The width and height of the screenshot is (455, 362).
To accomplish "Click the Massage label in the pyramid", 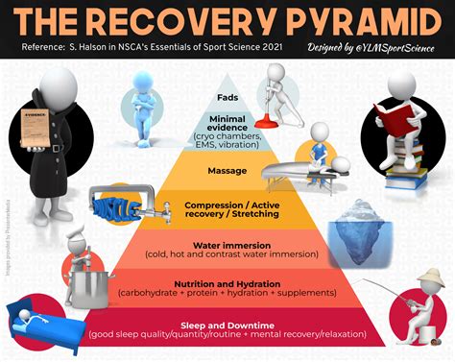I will pyautogui.click(x=227, y=173).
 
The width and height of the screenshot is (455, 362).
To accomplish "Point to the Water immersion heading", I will pyautogui.click(x=227, y=245).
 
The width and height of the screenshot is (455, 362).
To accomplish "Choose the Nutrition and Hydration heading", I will pyautogui.click(x=227, y=283).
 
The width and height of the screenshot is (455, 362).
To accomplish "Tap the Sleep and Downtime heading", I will pyautogui.click(x=227, y=324).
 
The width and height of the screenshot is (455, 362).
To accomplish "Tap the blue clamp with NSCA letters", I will pyautogui.click(x=114, y=204).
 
